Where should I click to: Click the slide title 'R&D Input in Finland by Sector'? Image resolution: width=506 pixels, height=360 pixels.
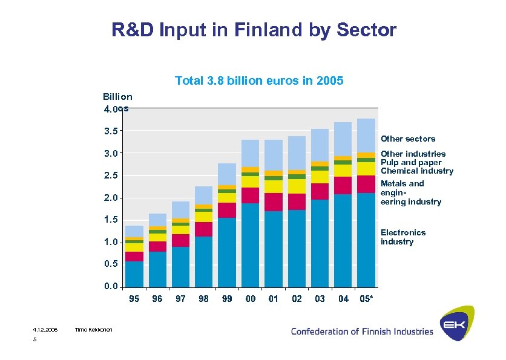pyautogui.click(x=254, y=30)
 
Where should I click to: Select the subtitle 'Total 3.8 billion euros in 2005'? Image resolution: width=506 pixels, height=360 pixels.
pyautogui.click(x=259, y=80)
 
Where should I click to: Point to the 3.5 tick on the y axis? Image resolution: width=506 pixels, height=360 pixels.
pyautogui.click(x=111, y=131)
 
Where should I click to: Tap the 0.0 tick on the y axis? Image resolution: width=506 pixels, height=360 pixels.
pyautogui.click(x=111, y=287)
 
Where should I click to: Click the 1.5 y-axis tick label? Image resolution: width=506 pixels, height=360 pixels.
pyautogui.click(x=111, y=220)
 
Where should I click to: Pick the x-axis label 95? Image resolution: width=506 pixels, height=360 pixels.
pyautogui.click(x=134, y=299)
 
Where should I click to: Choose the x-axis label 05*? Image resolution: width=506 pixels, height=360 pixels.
pyautogui.click(x=366, y=299)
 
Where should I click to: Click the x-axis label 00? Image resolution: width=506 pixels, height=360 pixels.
pyautogui.click(x=250, y=299)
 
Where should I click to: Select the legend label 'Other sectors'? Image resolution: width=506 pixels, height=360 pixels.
pyautogui.click(x=407, y=139)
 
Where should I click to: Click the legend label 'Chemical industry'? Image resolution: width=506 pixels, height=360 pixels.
pyautogui.click(x=416, y=171)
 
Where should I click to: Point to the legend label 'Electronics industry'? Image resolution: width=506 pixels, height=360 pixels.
pyautogui.click(x=402, y=237)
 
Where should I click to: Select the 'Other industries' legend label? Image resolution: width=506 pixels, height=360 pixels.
pyautogui.click(x=413, y=154)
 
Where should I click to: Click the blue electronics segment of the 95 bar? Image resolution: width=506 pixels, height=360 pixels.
pyautogui.click(x=134, y=273)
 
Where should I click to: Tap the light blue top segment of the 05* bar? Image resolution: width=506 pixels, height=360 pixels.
pyautogui.click(x=366, y=135)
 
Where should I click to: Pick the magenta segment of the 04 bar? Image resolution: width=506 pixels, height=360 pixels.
pyautogui.click(x=343, y=185)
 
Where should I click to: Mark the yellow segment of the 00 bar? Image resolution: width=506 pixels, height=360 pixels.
pyautogui.click(x=250, y=182)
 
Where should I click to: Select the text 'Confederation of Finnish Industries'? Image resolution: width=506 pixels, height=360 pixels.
pyautogui.click(x=362, y=331)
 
